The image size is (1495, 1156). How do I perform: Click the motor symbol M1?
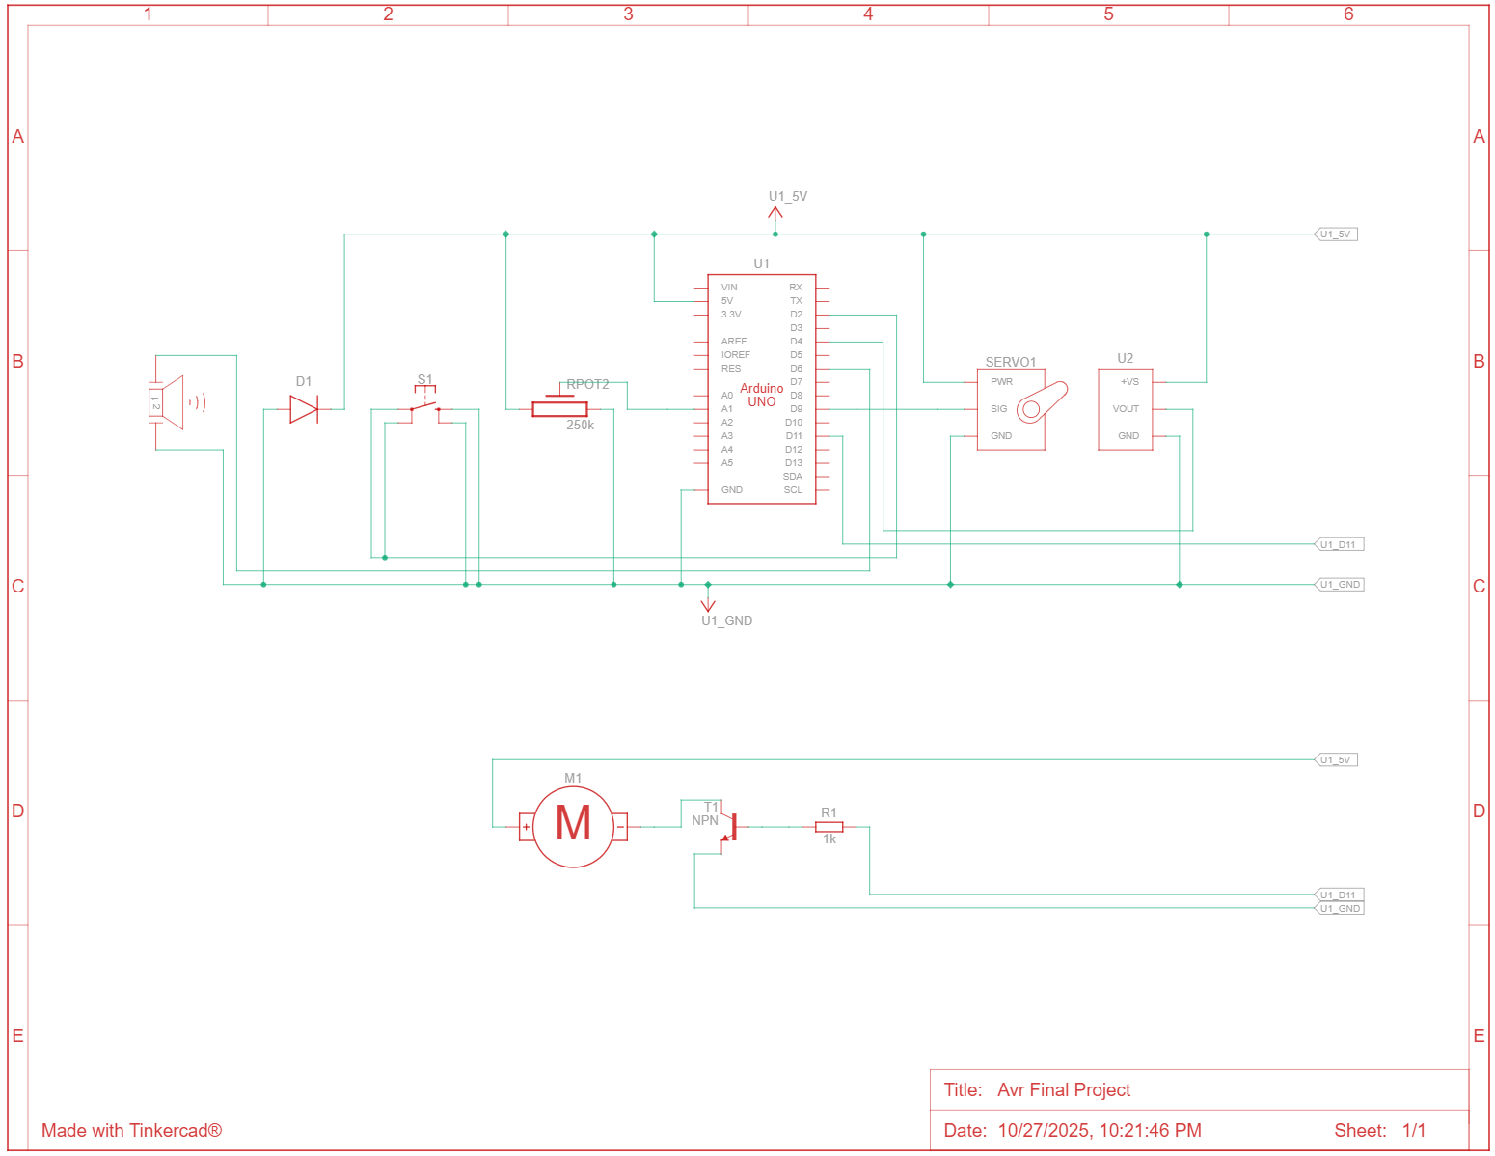pos(573,826)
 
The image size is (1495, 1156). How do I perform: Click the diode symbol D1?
pos(304,409)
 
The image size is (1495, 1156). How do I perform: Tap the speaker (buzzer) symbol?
pos(170,402)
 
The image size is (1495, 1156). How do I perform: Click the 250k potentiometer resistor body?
pos(559,409)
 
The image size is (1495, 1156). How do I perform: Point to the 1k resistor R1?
pos(829,827)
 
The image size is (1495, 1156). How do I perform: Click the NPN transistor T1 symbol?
pos(729,828)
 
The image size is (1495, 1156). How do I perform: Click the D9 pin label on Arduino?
pos(796,409)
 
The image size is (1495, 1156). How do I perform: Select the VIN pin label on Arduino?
pos(729,288)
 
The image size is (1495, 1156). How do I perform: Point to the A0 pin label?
pos(727,396)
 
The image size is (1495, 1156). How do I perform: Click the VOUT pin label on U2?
pos(1126,409)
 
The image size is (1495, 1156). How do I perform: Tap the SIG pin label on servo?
pos(998,409)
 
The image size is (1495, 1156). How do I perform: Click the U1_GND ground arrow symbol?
pos(708,604)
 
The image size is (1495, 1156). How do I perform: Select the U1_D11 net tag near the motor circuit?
pos(1340,895)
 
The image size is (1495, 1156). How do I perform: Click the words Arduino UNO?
pos(762,395)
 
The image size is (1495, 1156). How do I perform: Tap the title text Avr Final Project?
pos(1064,1090)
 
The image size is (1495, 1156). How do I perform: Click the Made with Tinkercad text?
pos(131,1131)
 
